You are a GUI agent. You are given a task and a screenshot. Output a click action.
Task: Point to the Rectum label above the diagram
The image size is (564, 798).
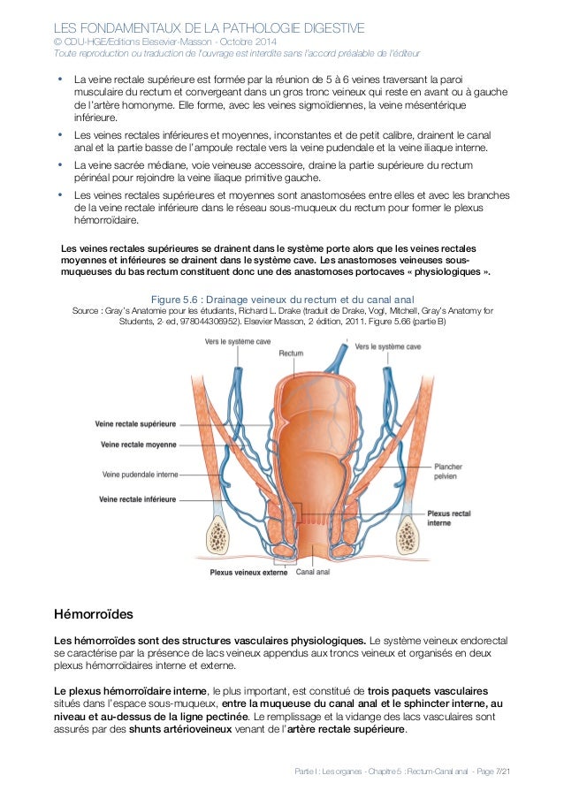tap(291, 353)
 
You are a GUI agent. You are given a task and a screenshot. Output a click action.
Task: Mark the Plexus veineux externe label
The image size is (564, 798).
tap(249, 572)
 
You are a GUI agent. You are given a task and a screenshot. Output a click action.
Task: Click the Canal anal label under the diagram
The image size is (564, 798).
tap(314, 572)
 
